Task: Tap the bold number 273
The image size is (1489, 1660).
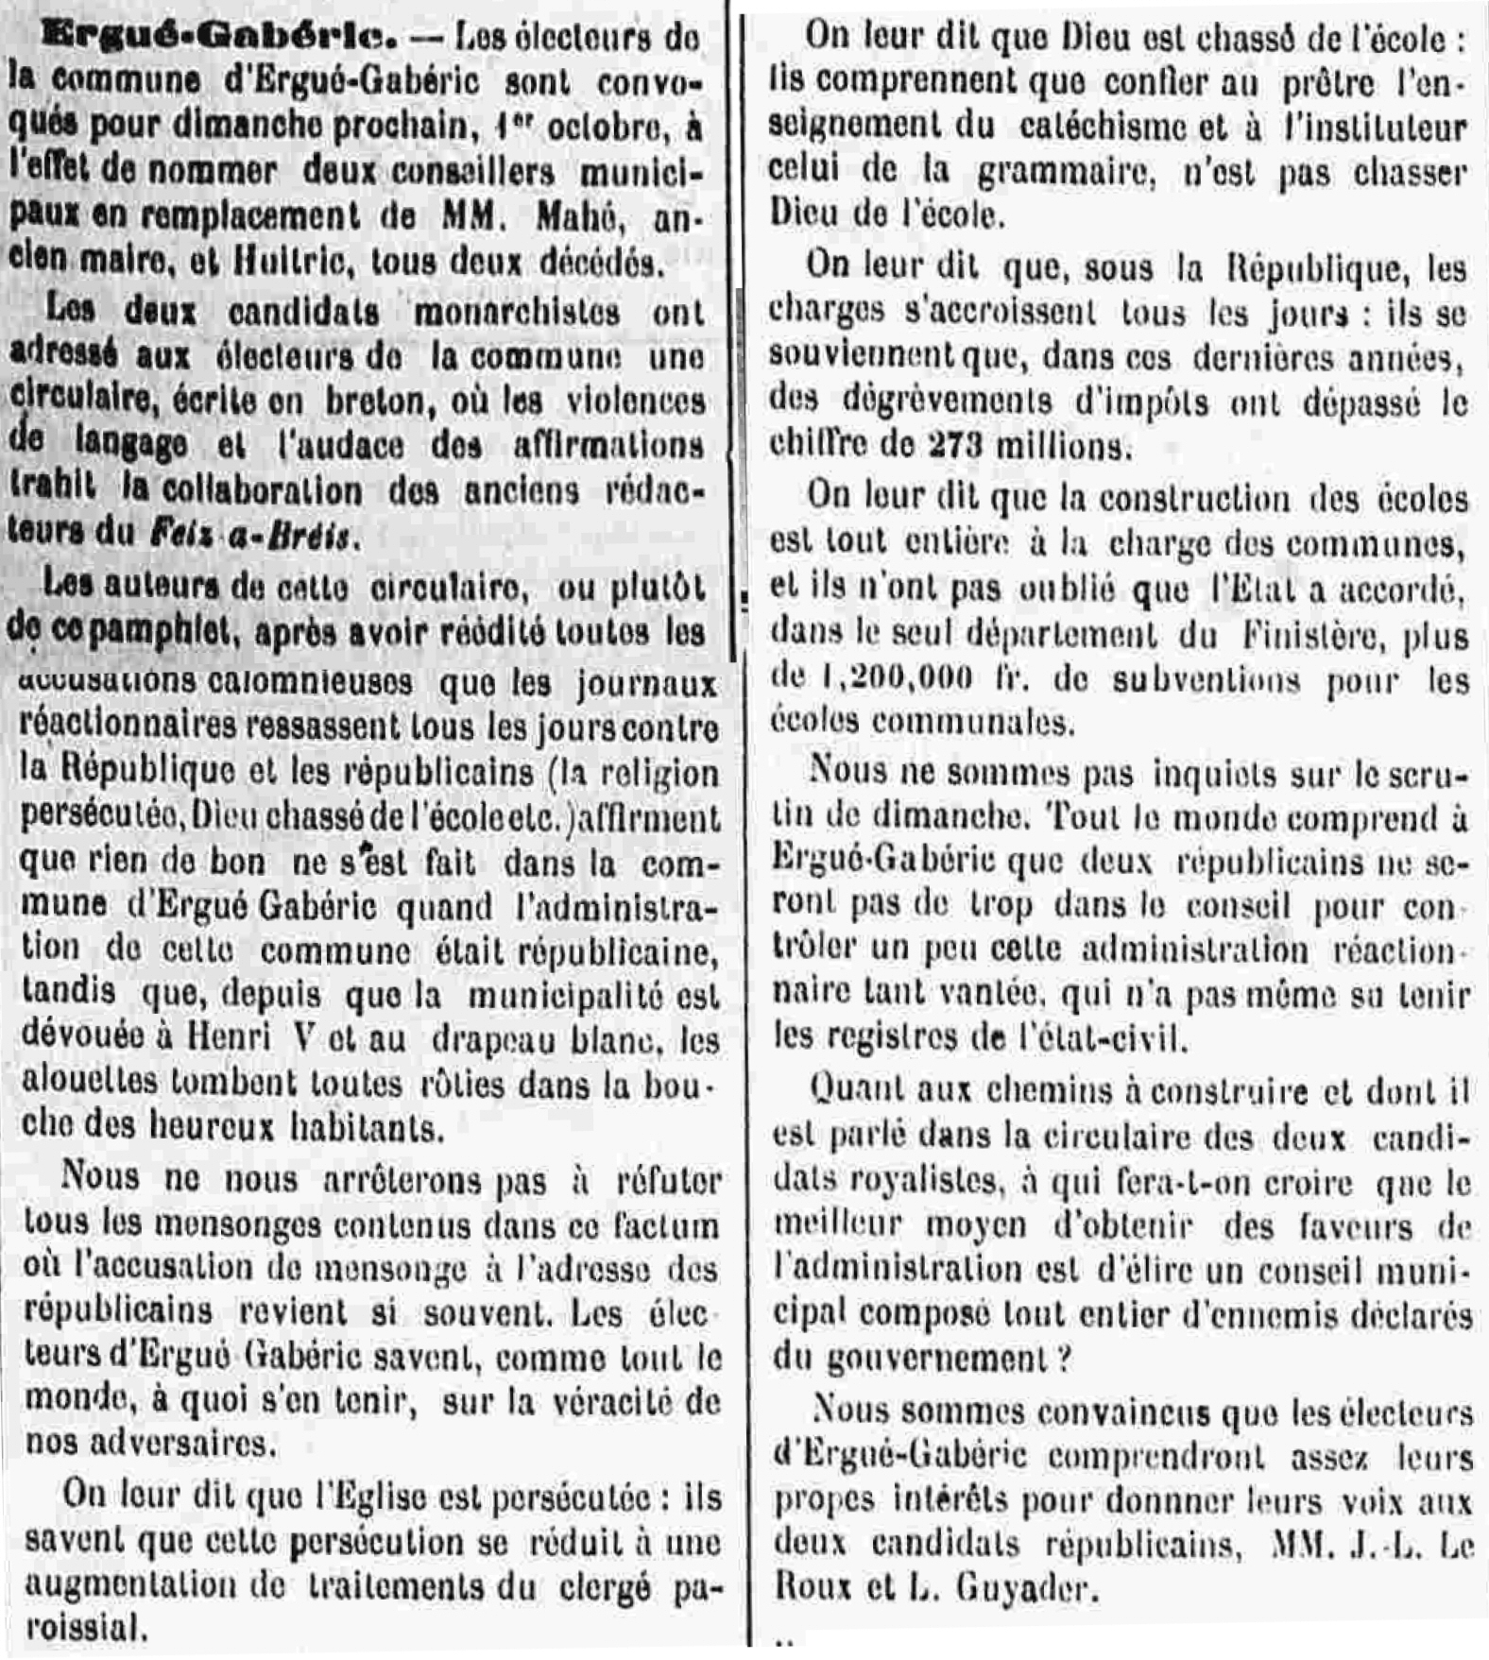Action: coord(958,444)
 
